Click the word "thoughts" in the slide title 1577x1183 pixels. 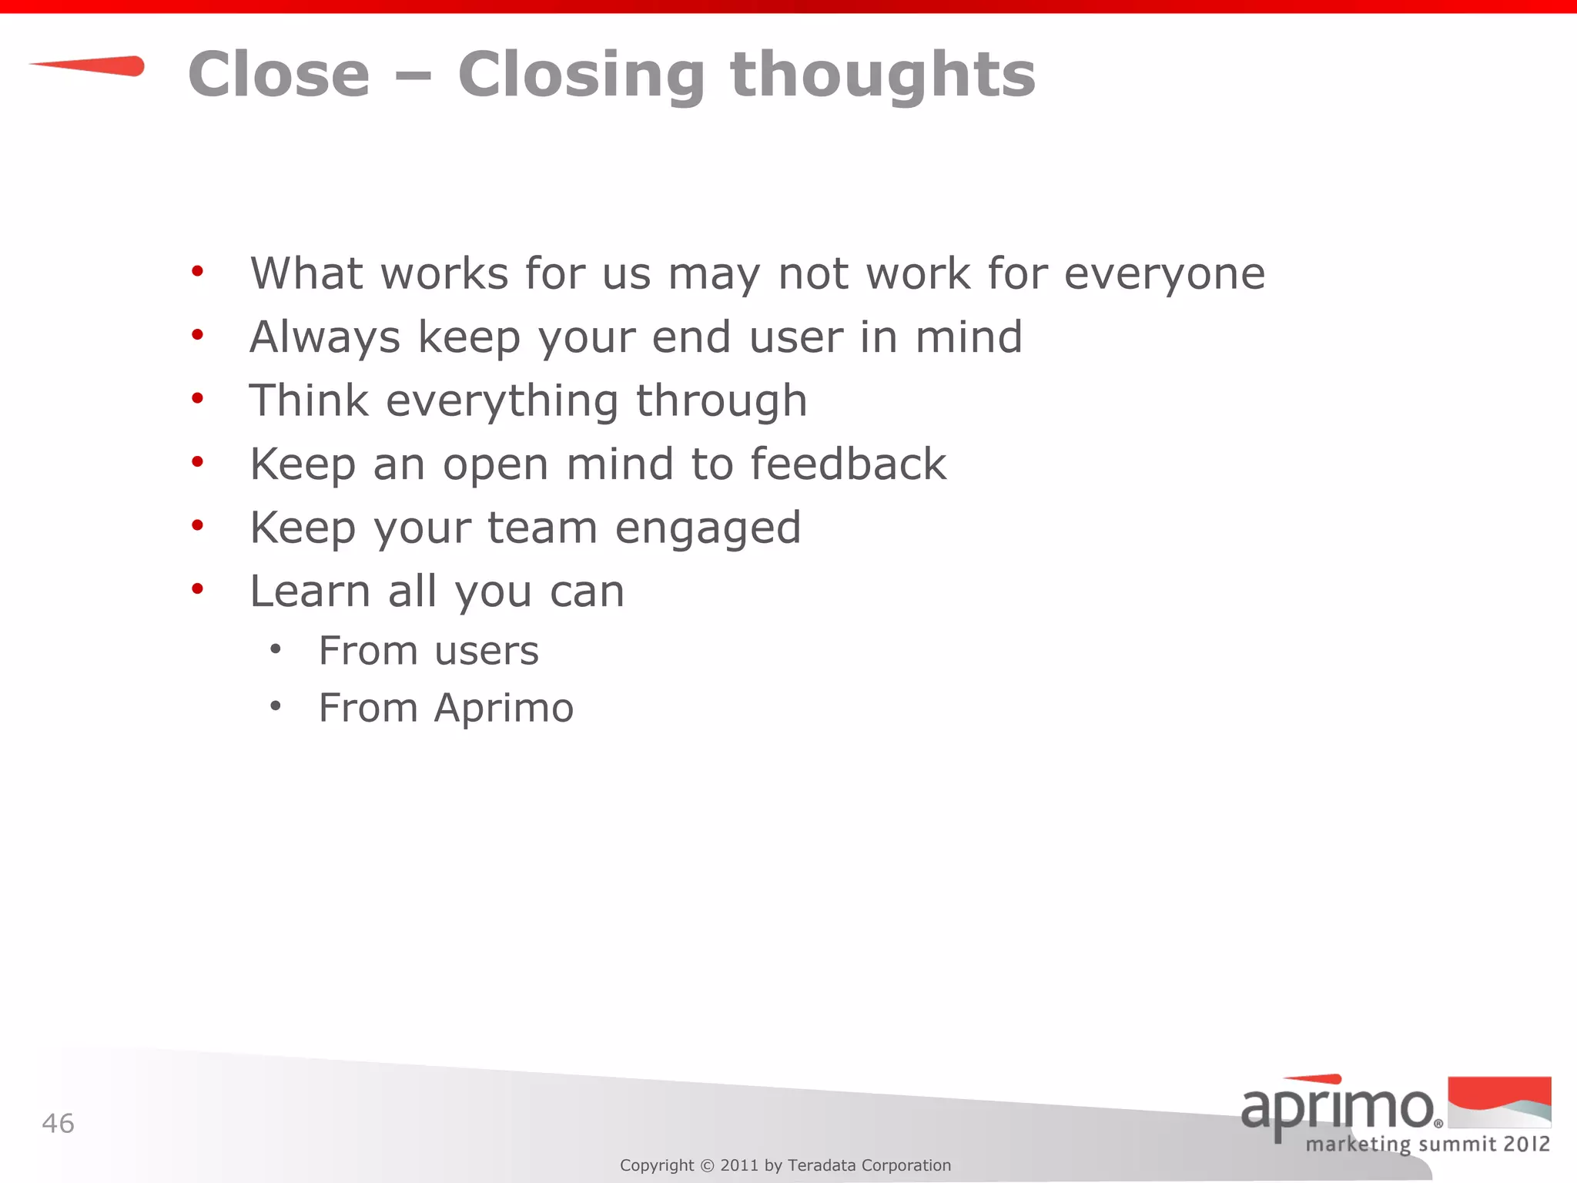(882, 75)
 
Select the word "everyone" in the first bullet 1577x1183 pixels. (1164, 274)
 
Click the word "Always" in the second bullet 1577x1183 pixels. (325, 337)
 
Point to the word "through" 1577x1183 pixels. (722, 401)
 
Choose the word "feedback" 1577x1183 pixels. (848, 464)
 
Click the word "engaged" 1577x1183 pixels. (708, 529)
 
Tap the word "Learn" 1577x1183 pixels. (310, 591)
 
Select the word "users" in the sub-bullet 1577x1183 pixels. (487, 652)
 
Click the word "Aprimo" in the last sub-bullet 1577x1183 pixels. (504, 709)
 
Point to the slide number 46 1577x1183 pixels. (59, 1124)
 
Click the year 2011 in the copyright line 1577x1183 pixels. (739, 1165)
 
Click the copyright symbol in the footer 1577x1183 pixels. (707, 1166)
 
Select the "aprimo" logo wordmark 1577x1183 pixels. (1338, 1108)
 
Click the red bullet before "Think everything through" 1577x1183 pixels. (198, 398)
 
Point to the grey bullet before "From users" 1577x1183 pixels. (275, 649)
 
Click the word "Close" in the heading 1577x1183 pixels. (279, 75)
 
